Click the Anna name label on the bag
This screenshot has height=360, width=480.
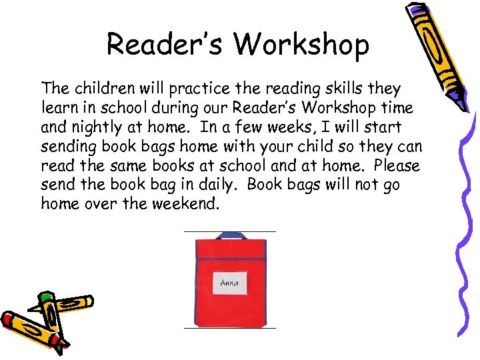tap(230, 283)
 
